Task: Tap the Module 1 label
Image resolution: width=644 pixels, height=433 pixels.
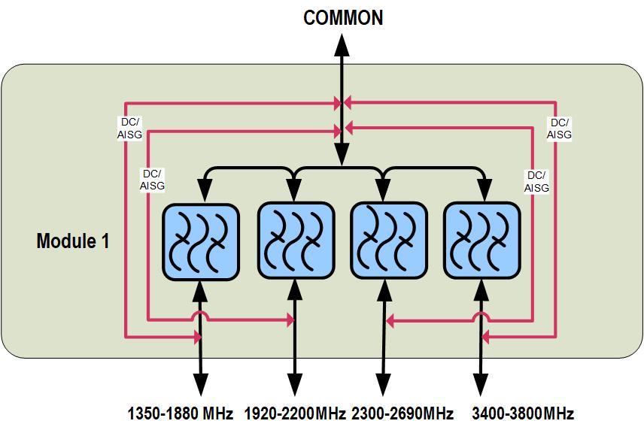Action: pos(73,241)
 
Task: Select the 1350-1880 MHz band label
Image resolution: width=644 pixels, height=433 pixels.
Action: pos(181,413)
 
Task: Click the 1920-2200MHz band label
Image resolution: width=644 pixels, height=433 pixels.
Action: pos(295,413)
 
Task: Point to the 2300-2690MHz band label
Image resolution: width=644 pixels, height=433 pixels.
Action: pos(402,413)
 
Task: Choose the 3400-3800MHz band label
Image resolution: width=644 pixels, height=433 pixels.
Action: pos(522,413)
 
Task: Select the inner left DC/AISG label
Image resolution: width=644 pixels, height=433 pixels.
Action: pos(153,179)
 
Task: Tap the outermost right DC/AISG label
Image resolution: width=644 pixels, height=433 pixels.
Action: pos(559,129)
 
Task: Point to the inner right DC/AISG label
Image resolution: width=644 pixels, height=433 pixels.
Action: pos(536,181)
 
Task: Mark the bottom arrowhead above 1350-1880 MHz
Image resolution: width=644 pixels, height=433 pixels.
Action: pos(201,385)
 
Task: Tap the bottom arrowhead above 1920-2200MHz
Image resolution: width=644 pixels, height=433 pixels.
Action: pos(295,385)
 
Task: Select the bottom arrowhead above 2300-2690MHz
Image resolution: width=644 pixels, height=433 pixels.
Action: pos(384,385)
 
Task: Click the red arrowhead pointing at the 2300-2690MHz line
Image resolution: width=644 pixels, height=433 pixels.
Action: pos(391,321)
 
